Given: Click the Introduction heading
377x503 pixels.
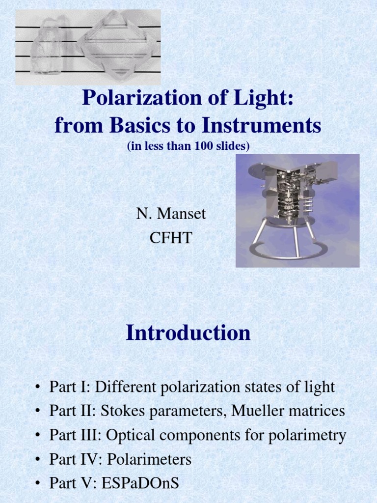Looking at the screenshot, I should tap(188, 333).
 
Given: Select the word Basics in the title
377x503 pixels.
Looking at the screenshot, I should tap(147, 126).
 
